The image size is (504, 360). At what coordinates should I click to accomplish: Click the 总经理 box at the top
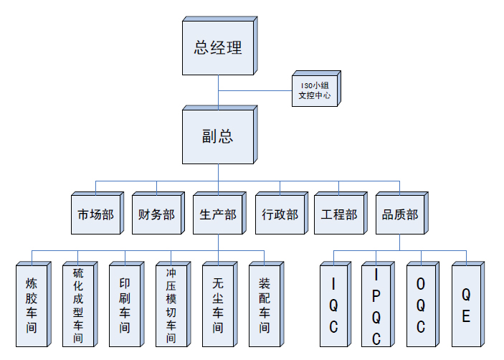(x=218, y=48)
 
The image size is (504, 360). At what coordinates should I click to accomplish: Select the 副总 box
(x=218, y=136)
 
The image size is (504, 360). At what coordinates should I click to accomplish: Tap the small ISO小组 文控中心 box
(x=315, y=90)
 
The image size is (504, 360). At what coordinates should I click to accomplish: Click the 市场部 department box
(x=95, y=214)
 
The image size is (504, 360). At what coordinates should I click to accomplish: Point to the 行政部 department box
(x=280, y=214)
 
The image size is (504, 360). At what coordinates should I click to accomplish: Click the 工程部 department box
(x=339, y=214)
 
